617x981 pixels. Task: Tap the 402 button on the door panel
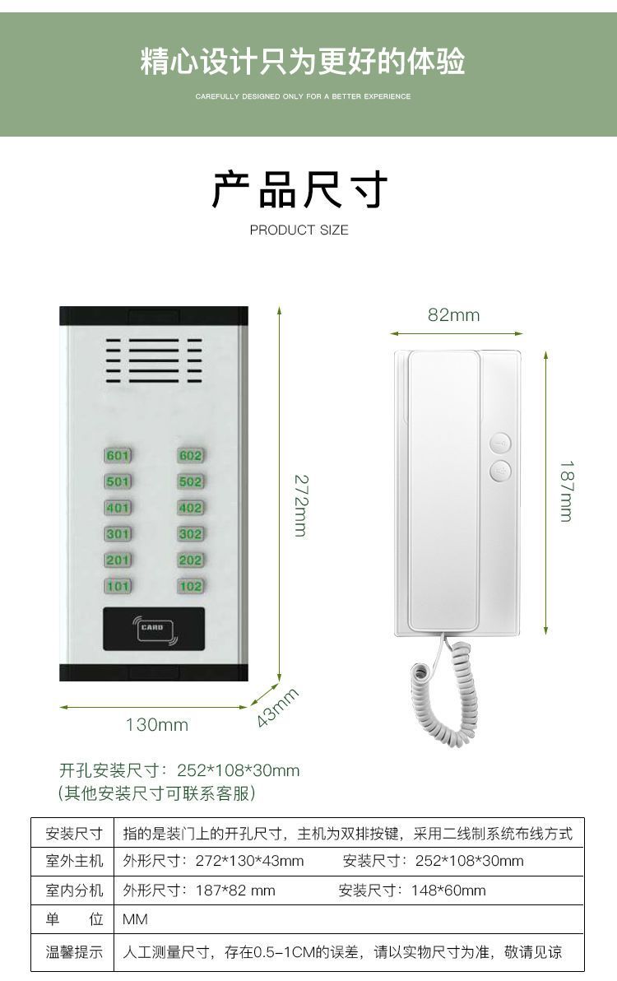click(190, 508)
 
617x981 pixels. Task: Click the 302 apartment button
click(190, 534)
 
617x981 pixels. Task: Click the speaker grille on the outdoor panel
click(154, 361)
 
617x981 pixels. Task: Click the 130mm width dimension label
click(156, 724)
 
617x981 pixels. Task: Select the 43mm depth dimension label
click(276, 707)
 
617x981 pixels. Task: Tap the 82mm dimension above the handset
click(453, 315)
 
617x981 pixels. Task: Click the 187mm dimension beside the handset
click(566, 490)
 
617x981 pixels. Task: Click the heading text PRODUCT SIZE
click(299, 230)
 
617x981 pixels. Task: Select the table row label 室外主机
click(74, 861)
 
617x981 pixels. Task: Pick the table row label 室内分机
click(74, 890)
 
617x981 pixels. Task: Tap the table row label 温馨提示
click(74, 952)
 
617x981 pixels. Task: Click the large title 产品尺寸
click(299, 190)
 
